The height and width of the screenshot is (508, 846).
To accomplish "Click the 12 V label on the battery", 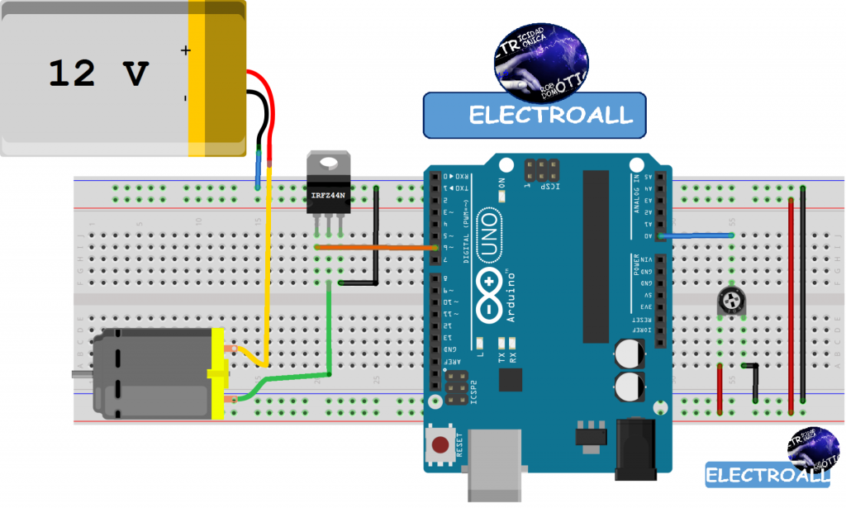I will pos(97,74).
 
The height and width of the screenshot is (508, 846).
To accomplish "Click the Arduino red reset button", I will pos(440,444).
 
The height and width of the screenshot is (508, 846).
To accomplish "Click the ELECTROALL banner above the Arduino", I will pos(535,115).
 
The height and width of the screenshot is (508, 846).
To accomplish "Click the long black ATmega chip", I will pos(595,256).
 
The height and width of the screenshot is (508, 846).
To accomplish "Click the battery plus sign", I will pos(185,51).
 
